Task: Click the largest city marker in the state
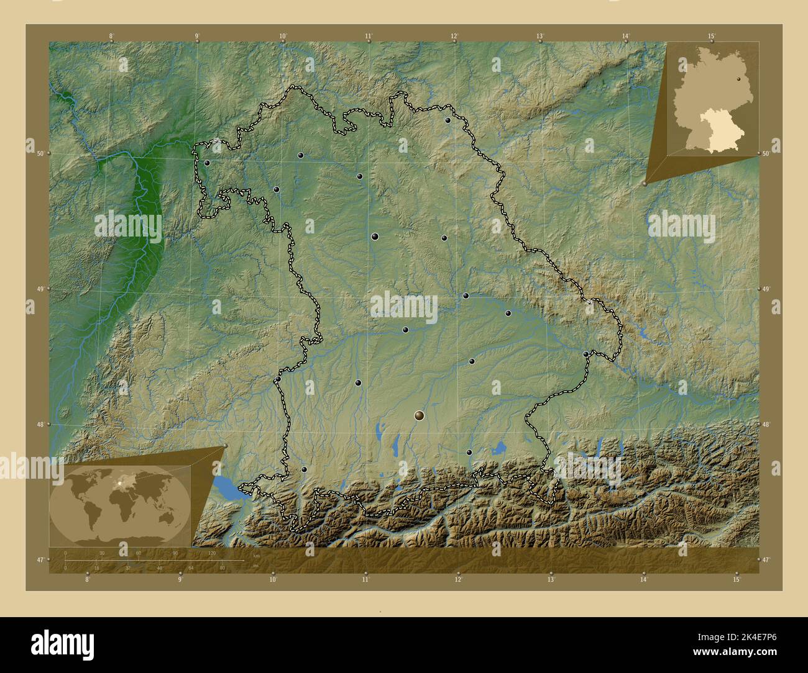(x=420, y=415)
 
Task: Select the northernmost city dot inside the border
(x=448, y=120)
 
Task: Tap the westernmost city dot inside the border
(x=207, y=163)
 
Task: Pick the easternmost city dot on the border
(x=585, y=354)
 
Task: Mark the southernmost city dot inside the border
(x=304, y=469)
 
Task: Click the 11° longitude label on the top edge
(x=369, y=36)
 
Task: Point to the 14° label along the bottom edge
(x=643, y=579)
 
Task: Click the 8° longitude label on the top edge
(x=112, y=36)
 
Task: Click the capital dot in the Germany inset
(x=740, y=79)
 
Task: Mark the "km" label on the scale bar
(x=256, y=555)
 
